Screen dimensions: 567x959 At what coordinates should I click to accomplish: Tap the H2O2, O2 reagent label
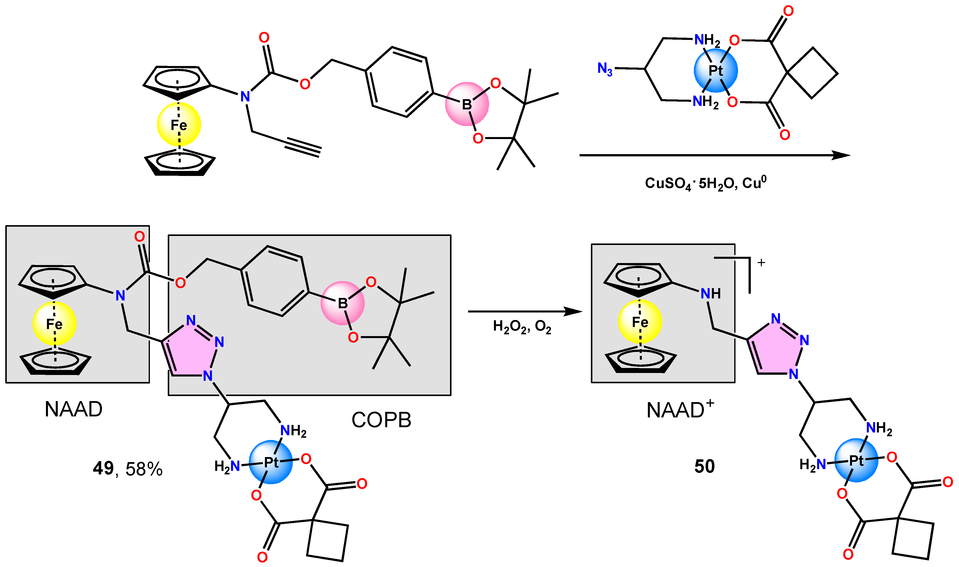(x=522, y=327)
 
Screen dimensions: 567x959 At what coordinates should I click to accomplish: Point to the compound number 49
(x=103, y=468)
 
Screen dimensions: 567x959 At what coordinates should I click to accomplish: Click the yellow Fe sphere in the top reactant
(x=179, y=124)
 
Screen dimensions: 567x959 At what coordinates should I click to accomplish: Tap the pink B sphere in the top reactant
(x=467, y=104)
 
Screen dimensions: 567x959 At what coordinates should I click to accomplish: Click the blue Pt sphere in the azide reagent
(x=715, y=71)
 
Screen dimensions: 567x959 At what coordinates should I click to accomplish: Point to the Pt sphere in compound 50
(x=856, y=460)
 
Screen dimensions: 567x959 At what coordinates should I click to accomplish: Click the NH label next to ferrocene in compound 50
(x=710, y=293)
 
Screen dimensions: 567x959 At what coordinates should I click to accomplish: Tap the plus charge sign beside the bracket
(x=761, y=263)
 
